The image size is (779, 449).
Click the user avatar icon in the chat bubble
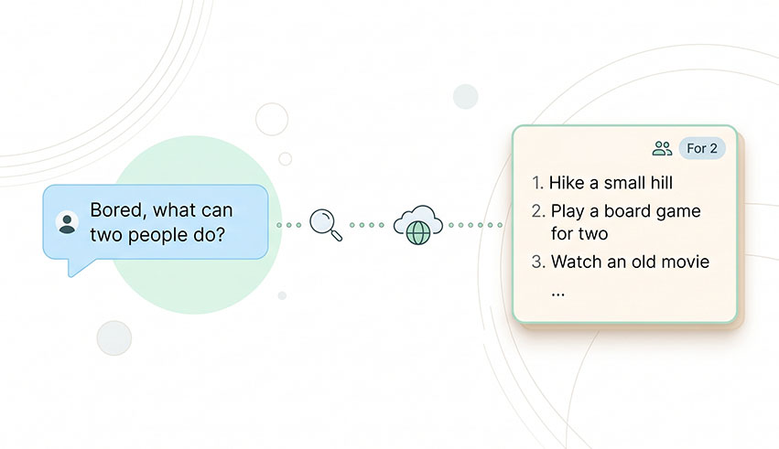point(66,222)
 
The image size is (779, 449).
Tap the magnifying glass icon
point(326,225)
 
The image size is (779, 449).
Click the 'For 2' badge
point(702,148)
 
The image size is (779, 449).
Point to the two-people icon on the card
point(662,148)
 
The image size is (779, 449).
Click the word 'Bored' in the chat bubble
point(117,210)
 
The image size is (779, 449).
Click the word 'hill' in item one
point(656,183)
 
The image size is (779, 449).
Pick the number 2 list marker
point(537,211)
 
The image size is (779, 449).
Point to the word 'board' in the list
point(623,211)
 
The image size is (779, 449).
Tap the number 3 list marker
point(537,262)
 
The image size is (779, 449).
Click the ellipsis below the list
point(558,294)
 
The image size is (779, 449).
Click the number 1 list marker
point(537,183)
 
